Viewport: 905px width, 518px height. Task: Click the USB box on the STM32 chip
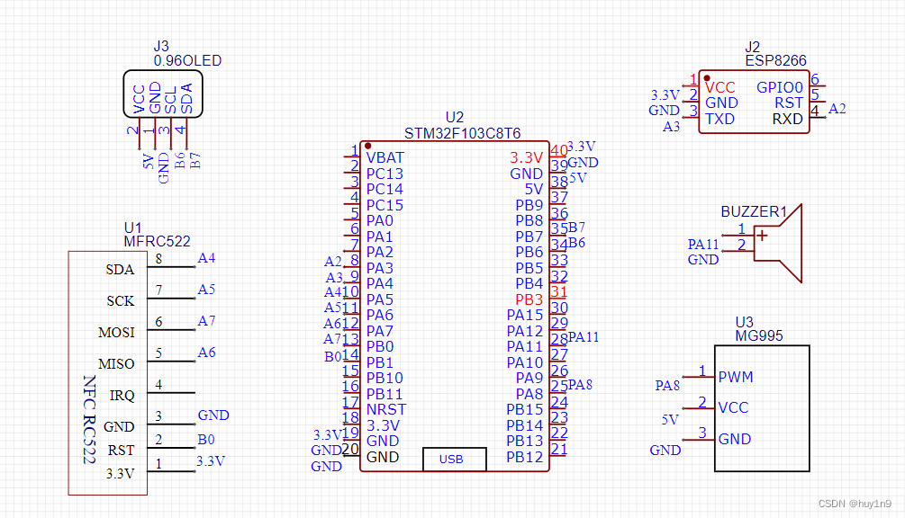(453, 459)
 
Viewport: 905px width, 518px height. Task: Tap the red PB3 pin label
(529, 299)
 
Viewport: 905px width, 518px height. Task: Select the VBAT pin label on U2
(385, 157)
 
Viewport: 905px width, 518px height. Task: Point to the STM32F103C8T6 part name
(462, 133)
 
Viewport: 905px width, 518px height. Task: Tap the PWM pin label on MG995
(736, 376)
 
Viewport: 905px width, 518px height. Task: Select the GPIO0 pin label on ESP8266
(780, 87)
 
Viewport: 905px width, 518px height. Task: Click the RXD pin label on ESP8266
(788, 119)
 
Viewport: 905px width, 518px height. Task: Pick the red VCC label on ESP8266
(720, 87)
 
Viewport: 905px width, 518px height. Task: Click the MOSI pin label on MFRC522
(116, 333)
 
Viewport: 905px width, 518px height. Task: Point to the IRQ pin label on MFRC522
(122, 396)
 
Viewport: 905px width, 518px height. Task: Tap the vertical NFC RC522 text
(89, 419)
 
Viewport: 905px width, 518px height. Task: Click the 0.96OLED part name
(187, 61)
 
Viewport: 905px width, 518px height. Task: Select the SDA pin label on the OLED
(186, 98)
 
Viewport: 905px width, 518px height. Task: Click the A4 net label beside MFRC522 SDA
(206, 258)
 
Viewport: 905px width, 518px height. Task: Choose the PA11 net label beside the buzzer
(703, 244)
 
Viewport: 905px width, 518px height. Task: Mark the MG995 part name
(759, 336)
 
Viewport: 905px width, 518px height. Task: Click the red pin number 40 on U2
(559, 150)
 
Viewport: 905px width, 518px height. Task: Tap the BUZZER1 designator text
(755, 212)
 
